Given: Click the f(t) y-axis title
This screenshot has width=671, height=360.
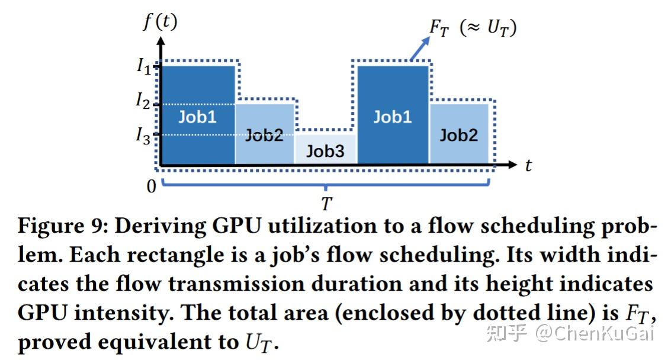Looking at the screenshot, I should pyautogui.click(x=160, y=22).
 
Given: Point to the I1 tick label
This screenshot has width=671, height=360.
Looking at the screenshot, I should pyautogui.click(x=143, y=66).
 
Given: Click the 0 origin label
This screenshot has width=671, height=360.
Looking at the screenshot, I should pyautogui.click(x=152, y=187).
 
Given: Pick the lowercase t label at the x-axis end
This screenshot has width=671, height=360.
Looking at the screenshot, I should pyautogui.click(x=528, y=165).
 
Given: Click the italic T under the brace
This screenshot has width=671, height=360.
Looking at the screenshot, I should pyautogui.click(x=326, y=204).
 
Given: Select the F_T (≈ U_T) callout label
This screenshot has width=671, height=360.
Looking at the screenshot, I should pyautogui.click(x=472, y=27).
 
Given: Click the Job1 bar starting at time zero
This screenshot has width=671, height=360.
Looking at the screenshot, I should pyautogui.click(x=198, y=115).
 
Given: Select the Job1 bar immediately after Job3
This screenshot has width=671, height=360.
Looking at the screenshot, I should pyautogui.click(x=392, y=115).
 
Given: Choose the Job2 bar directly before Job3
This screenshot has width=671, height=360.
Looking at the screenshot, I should pyautogui.click(x=264, y=134).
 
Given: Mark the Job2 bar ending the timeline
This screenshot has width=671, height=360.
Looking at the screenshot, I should pyautogui.click(x=458, y=134).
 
